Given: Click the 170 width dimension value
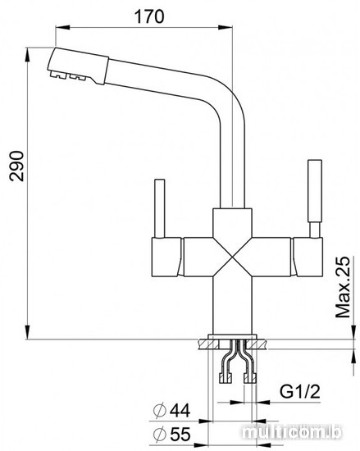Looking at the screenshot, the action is pos(149,16).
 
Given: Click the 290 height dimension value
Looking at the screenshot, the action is pos(16,166).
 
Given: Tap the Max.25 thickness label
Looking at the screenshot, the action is pos(344,287).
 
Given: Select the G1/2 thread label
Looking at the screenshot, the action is pos(300,391).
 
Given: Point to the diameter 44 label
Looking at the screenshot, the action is pos(171,410).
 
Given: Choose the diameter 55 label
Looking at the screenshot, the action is pos(171,434).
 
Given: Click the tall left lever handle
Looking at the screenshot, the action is pos(160,208).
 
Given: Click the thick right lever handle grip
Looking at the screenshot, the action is pos(315,190).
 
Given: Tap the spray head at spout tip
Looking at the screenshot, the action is pos(78,66).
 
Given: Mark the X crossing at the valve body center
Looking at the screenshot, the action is pos(232,257).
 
